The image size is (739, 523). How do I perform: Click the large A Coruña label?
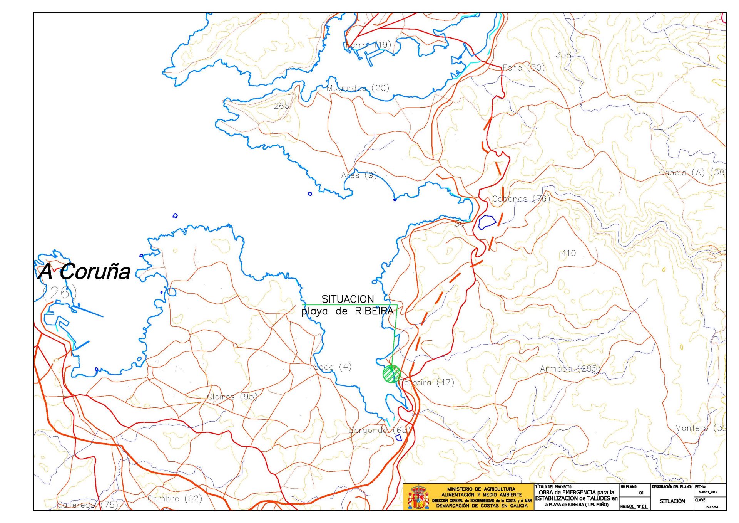(x=85, y=271)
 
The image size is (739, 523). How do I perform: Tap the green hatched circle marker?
(x=391, y=373)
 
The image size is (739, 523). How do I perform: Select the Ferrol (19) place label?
(x=368, y=45)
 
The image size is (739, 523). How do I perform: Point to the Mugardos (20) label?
(x=358, y=88)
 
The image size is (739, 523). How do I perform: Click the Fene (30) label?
(x=523, y=68)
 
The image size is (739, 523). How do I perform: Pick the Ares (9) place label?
(x=359, y=175)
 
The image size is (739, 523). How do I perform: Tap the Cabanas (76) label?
(x=521, y=199)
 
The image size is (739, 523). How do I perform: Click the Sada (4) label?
(x=333, y=367)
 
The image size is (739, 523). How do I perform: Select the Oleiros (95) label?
(x=232, y=397)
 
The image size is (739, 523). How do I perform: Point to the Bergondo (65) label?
(x=378, y=430)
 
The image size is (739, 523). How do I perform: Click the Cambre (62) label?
(x=175, y=499)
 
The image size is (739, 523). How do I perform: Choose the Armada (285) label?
(x=570, y=369)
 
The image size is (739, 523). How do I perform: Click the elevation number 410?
(x=568, y=253)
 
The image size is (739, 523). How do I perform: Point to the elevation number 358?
(x=563, y=55)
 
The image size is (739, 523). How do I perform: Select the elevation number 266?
(x=281, y=106)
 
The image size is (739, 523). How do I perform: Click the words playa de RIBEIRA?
(x=347, y=311)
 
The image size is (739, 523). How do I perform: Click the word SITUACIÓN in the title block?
(x=672, y=501)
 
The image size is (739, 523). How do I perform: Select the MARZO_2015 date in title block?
(x=708, y=492)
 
